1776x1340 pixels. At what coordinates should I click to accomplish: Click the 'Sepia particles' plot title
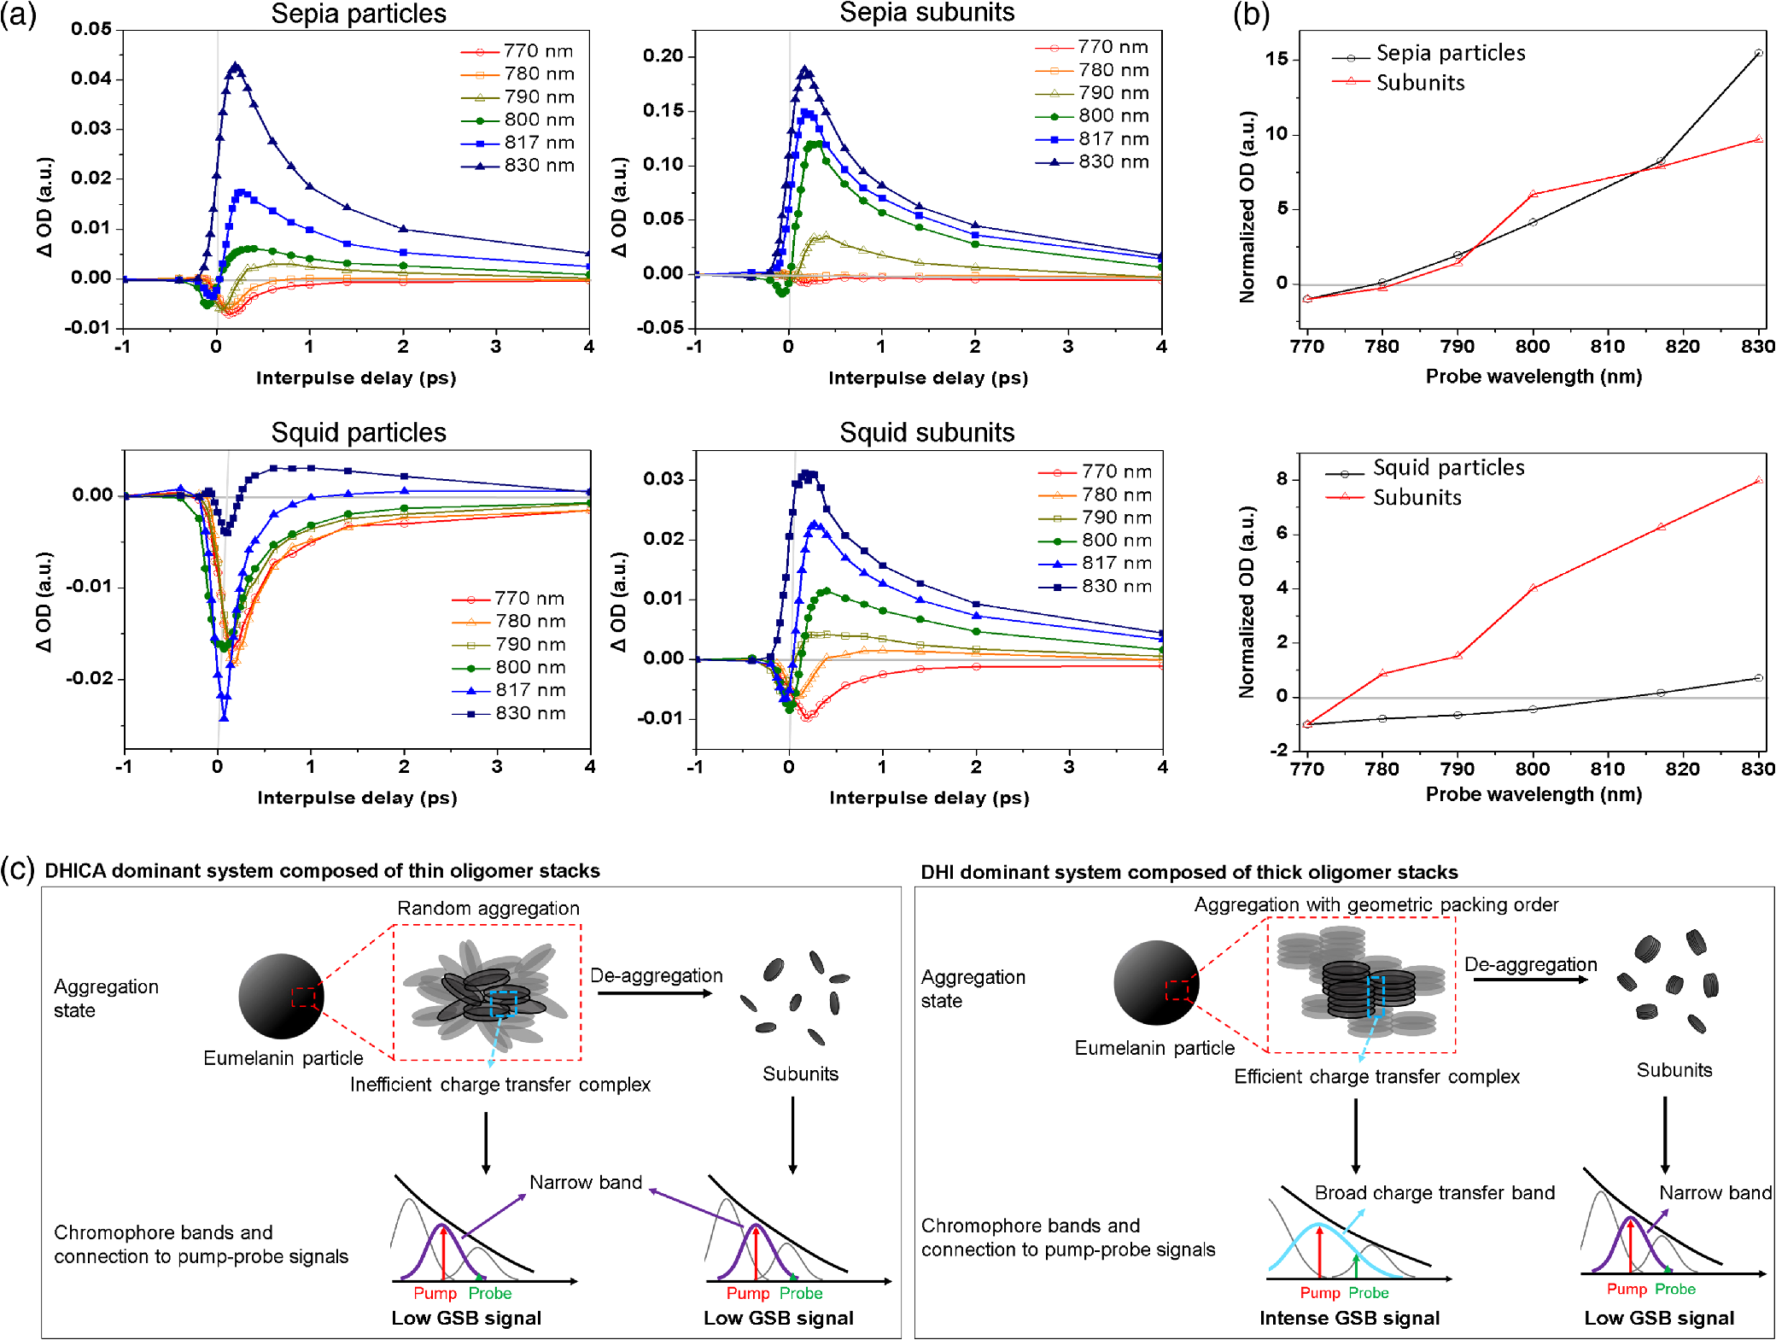click(359, 14)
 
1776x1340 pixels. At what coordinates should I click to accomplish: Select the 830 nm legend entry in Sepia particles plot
click(518, 165)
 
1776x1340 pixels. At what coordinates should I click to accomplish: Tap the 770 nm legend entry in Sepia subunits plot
click(1092, 47)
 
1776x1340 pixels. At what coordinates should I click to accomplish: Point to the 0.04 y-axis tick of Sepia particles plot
click(91, 79)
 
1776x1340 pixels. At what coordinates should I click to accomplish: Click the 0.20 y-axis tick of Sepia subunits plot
click(663, 56)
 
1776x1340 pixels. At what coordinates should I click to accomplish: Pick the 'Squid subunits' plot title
click(927, 432)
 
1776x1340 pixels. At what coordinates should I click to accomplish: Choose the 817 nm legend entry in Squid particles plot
click(510, 690)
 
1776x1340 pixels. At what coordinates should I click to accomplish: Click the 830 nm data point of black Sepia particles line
click(1758, 53)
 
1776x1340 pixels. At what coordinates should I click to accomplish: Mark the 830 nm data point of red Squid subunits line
click(1758, 480)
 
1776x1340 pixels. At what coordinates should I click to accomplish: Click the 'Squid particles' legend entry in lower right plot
click(1425, 468)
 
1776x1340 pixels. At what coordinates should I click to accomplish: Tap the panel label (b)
click(1251, 15)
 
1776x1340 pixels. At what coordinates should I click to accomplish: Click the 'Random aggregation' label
click(488, 908)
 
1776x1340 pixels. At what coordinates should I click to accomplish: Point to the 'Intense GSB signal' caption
click(1349, 1318)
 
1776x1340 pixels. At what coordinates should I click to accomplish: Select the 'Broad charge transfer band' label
click(1434, 1192)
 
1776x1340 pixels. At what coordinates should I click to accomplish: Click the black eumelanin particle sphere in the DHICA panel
click(281, 996)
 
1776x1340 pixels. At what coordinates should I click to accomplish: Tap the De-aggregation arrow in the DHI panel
click(1530, 980)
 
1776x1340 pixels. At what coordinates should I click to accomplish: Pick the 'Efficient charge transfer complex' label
click(1376, 1076)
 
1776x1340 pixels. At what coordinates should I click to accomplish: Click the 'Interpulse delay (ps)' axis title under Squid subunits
click(929, 798)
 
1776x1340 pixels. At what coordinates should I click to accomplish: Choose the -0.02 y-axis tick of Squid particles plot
click(89, 678)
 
